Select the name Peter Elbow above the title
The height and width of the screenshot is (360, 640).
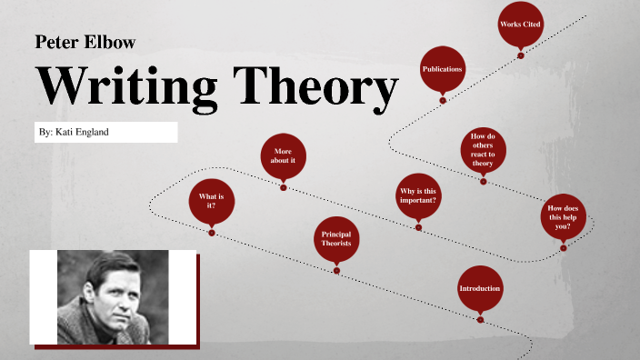[x=85, y=42]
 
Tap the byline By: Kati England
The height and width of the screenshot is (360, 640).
[x=75, y=133]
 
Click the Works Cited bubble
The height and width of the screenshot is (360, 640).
[x=521, y=25]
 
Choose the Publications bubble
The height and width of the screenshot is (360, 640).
[x=443, y=69]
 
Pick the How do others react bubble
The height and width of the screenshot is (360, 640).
[x=483, y=148]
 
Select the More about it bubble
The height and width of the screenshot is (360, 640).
[x=284, y=155]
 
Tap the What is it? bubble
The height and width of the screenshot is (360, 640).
[x=211, y=202]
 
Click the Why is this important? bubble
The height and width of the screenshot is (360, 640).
[x=418, y=195]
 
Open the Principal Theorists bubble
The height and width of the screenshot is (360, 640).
[x=336, y=238]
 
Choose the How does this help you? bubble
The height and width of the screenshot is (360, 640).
[x=563, y=217]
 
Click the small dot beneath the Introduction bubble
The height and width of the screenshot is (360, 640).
[x=480, y=318]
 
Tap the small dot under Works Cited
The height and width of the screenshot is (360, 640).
[x=521, y=55]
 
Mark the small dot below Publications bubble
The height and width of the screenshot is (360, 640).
[x=443, y=100]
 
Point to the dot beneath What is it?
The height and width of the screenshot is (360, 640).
[x=212, y=233]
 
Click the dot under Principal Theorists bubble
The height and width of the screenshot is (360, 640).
[x=336, y=269]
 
